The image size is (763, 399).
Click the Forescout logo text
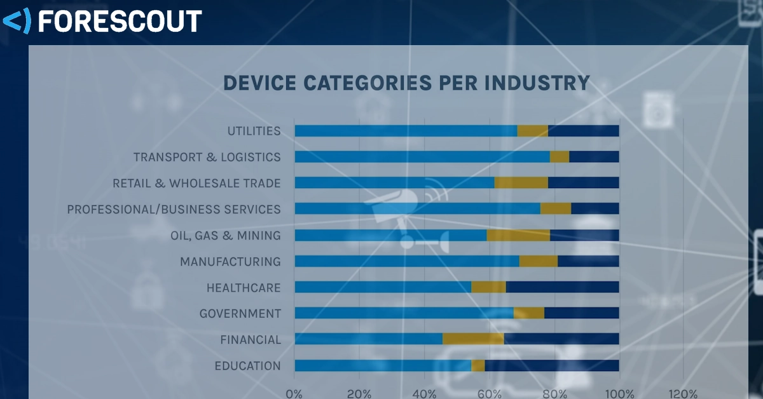pos(120,21)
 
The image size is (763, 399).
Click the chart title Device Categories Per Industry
pos(406,83)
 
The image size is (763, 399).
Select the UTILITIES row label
pos(254,131)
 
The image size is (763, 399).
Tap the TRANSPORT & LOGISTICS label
pos(207,157)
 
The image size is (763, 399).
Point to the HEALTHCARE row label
pos(243,288)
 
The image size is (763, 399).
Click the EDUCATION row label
pos(247,366)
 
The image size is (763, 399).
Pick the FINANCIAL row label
pos(250,340)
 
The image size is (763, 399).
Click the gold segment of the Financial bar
pos(473,339)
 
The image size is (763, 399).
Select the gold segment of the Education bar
pos(478,365)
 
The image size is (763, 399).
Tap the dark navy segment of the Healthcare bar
pos(562,287)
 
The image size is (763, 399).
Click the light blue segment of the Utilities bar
pos(406,131)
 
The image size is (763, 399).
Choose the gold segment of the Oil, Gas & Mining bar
pos(518,235)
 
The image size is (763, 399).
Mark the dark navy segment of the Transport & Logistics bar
pos(594,157)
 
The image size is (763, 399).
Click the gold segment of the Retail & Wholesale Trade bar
pos(521,183)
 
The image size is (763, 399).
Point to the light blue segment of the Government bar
pos(404,313)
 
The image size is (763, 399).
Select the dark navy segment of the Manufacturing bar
pos(588,261)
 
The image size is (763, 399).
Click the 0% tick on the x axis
pos(294,393)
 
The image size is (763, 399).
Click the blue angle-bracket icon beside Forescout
pos(16,21)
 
